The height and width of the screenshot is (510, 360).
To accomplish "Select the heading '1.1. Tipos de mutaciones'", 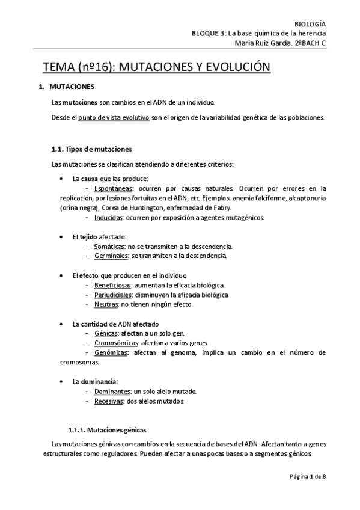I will (92, 149).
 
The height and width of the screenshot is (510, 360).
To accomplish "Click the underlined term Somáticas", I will (109, 247).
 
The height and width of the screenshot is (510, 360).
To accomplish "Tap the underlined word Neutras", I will (106, 304).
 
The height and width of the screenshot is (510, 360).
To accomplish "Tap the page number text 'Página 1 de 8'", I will (308, 476).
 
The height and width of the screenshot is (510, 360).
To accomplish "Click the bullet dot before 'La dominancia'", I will (63, 382).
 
